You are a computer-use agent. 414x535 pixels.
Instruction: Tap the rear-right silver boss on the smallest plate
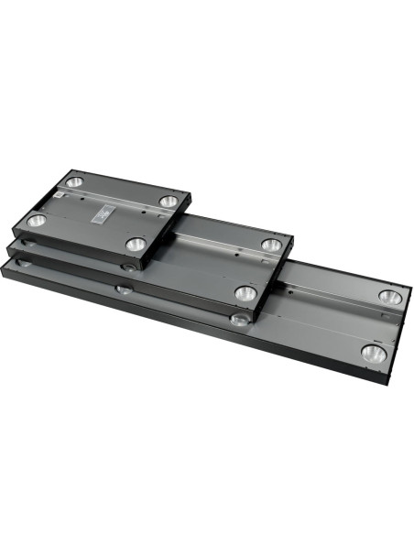point(168,200)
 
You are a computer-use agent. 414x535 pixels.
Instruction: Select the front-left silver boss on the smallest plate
point(37,221)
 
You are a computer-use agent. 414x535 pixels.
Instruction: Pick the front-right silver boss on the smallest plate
point(136,244)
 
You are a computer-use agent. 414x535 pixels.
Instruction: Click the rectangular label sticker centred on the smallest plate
point(102,213)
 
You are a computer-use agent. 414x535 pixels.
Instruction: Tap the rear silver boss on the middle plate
point(270,245)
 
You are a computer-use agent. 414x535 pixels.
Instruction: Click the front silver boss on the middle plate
point(245,293)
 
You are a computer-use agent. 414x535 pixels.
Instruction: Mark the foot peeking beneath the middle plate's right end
point(239,319)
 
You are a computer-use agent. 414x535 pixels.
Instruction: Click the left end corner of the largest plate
point(5,266)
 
